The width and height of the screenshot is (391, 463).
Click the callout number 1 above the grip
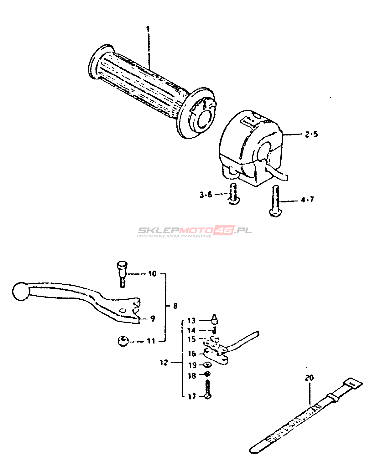[x=148, y=29]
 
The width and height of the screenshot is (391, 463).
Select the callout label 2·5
[x=311, y=134]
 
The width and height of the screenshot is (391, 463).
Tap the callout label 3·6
[x=206, y=195]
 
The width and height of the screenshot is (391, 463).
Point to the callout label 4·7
[x=307, y=200]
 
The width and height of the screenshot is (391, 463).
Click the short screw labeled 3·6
[x=233, y=194]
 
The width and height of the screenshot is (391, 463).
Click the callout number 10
[x=152, y=274]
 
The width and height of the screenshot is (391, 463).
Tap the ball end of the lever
[x=21, y=291]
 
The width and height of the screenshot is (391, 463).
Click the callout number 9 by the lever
[x=153, y=318]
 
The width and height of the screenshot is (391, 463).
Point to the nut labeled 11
[x=123, y=341]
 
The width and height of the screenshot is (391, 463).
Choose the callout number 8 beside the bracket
[x=175, y=306]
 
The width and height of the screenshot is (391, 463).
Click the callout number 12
[x=164, y=363]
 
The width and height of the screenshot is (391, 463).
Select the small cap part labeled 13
[x=215, y=319]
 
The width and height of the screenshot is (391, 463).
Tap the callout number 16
[x=192, y=354]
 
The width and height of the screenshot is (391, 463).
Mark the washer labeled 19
[x=207, y=364]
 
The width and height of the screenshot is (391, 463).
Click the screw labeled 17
[x=208, y=389]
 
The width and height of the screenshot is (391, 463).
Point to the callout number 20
[x=309, y=378]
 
